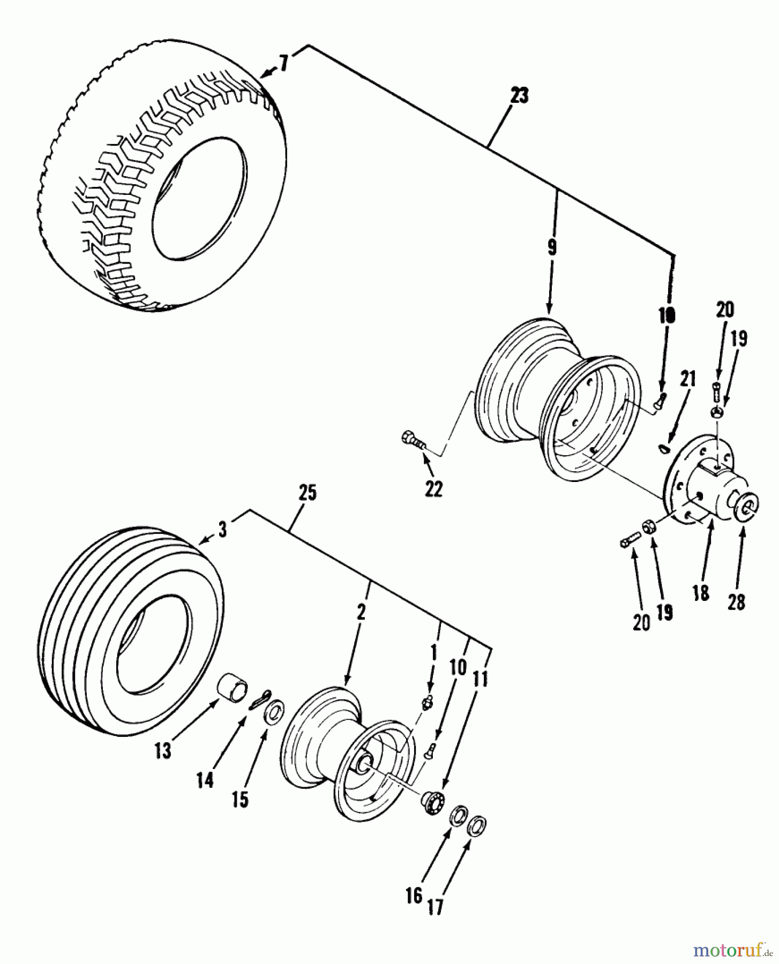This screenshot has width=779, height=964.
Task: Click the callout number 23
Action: [519, 97]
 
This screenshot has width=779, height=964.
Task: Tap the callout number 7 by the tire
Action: [283, 64]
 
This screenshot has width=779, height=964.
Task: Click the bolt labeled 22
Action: [413, 441]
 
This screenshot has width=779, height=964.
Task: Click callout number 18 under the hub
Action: [701, 593]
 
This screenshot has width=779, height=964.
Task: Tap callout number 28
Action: [736, 602]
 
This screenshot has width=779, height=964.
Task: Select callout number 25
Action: [307, 493]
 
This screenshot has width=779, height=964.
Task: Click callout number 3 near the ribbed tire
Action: [223, 530]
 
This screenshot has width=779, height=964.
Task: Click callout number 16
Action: [414, 896]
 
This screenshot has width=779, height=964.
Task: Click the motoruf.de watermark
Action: [732, 950]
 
